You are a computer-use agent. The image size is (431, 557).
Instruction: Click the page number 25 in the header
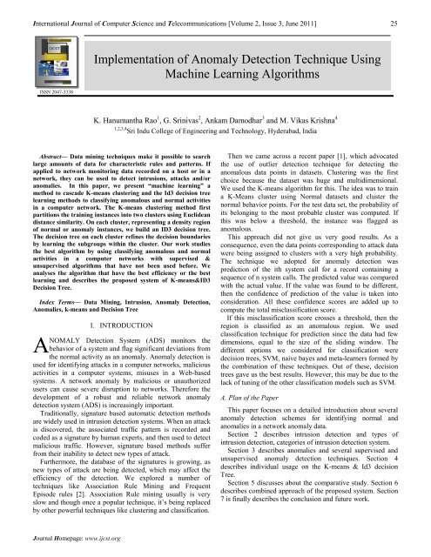pyautogui.click(x=418, y=10)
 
